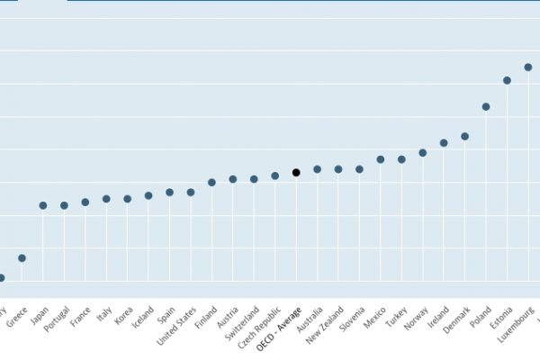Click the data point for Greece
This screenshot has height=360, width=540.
[22, 258]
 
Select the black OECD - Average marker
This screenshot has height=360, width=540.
[296, 172]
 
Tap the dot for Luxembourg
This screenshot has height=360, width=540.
[528, 67]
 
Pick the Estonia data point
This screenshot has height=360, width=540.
[507, 80]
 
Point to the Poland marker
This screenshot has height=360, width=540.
[486, 106]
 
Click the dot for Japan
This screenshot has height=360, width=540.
[42, 205]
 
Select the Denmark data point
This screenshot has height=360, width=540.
[465, 137]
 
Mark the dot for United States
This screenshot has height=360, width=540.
[191, 192]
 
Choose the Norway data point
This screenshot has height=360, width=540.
[423, 153]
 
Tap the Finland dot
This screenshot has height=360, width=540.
[211, 182]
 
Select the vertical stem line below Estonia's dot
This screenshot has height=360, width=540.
[507, 180]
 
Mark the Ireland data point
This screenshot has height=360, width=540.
[444, 142]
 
